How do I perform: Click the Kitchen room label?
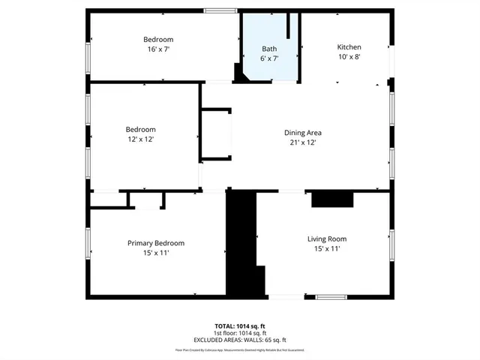(349, 46)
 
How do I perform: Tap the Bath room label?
(268, 48)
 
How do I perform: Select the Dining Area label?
(302, 133)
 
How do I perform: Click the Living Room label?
(326, 239)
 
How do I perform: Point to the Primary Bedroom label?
(155, 243)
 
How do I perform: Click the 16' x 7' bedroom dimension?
(158, 49)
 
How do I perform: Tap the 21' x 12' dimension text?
(302, 142)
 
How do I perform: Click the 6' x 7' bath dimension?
(268, 58)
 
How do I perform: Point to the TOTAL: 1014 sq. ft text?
(240, 326)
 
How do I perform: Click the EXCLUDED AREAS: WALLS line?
(240, 340)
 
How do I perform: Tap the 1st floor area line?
(240, 333)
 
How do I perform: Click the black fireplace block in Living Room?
(331, 199)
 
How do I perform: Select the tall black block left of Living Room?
(241, 240)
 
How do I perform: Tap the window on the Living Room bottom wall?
(331, 297)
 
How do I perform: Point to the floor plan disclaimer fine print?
(240, 349)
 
